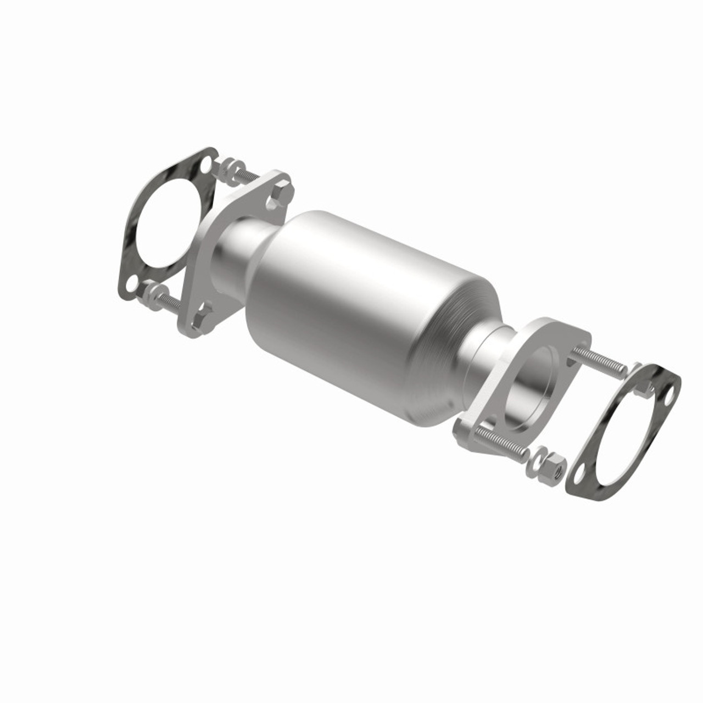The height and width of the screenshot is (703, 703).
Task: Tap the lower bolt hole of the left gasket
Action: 131,283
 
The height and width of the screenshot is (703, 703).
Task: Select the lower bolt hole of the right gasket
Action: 578,473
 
